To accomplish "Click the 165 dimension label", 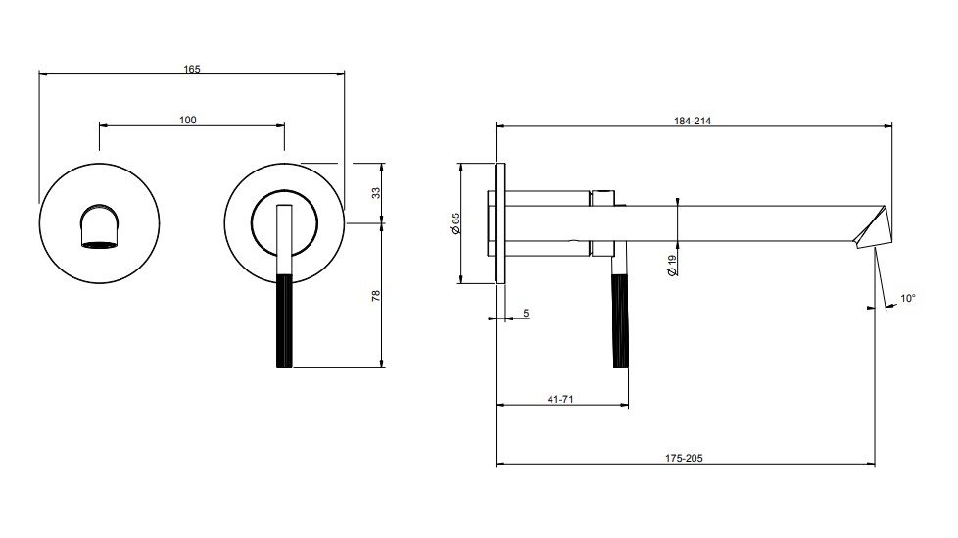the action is [x=192, y=69].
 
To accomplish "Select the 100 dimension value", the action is [x=187, y=120].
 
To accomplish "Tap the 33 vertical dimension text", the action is [x=376, y=193].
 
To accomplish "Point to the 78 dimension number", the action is [x=376, y=295].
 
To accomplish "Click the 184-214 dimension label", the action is [x=693, y=122].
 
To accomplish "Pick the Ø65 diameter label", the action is [x=455, y=223].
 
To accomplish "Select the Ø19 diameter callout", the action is [x=672, y=266].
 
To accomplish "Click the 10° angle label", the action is [x=908, y=299].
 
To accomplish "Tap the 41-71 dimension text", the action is [x=559, y=399].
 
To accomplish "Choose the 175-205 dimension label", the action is [x=684, y=458].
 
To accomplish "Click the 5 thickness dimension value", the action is [x=526, y=313].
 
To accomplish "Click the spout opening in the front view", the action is [x=100, y=245].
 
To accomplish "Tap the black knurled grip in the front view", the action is [x=285, y=321].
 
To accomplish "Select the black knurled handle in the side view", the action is [x=620, y=321].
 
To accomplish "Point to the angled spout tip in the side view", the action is [x=871, y=226].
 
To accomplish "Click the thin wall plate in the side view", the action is [x=501, y=223].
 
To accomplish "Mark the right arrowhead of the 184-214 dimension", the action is [x=888, y=126].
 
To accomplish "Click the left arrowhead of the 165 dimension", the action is [x=43, y=73].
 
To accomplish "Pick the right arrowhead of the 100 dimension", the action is [x=280, y=125].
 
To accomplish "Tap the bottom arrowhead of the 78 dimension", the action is [x=382, y=364].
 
